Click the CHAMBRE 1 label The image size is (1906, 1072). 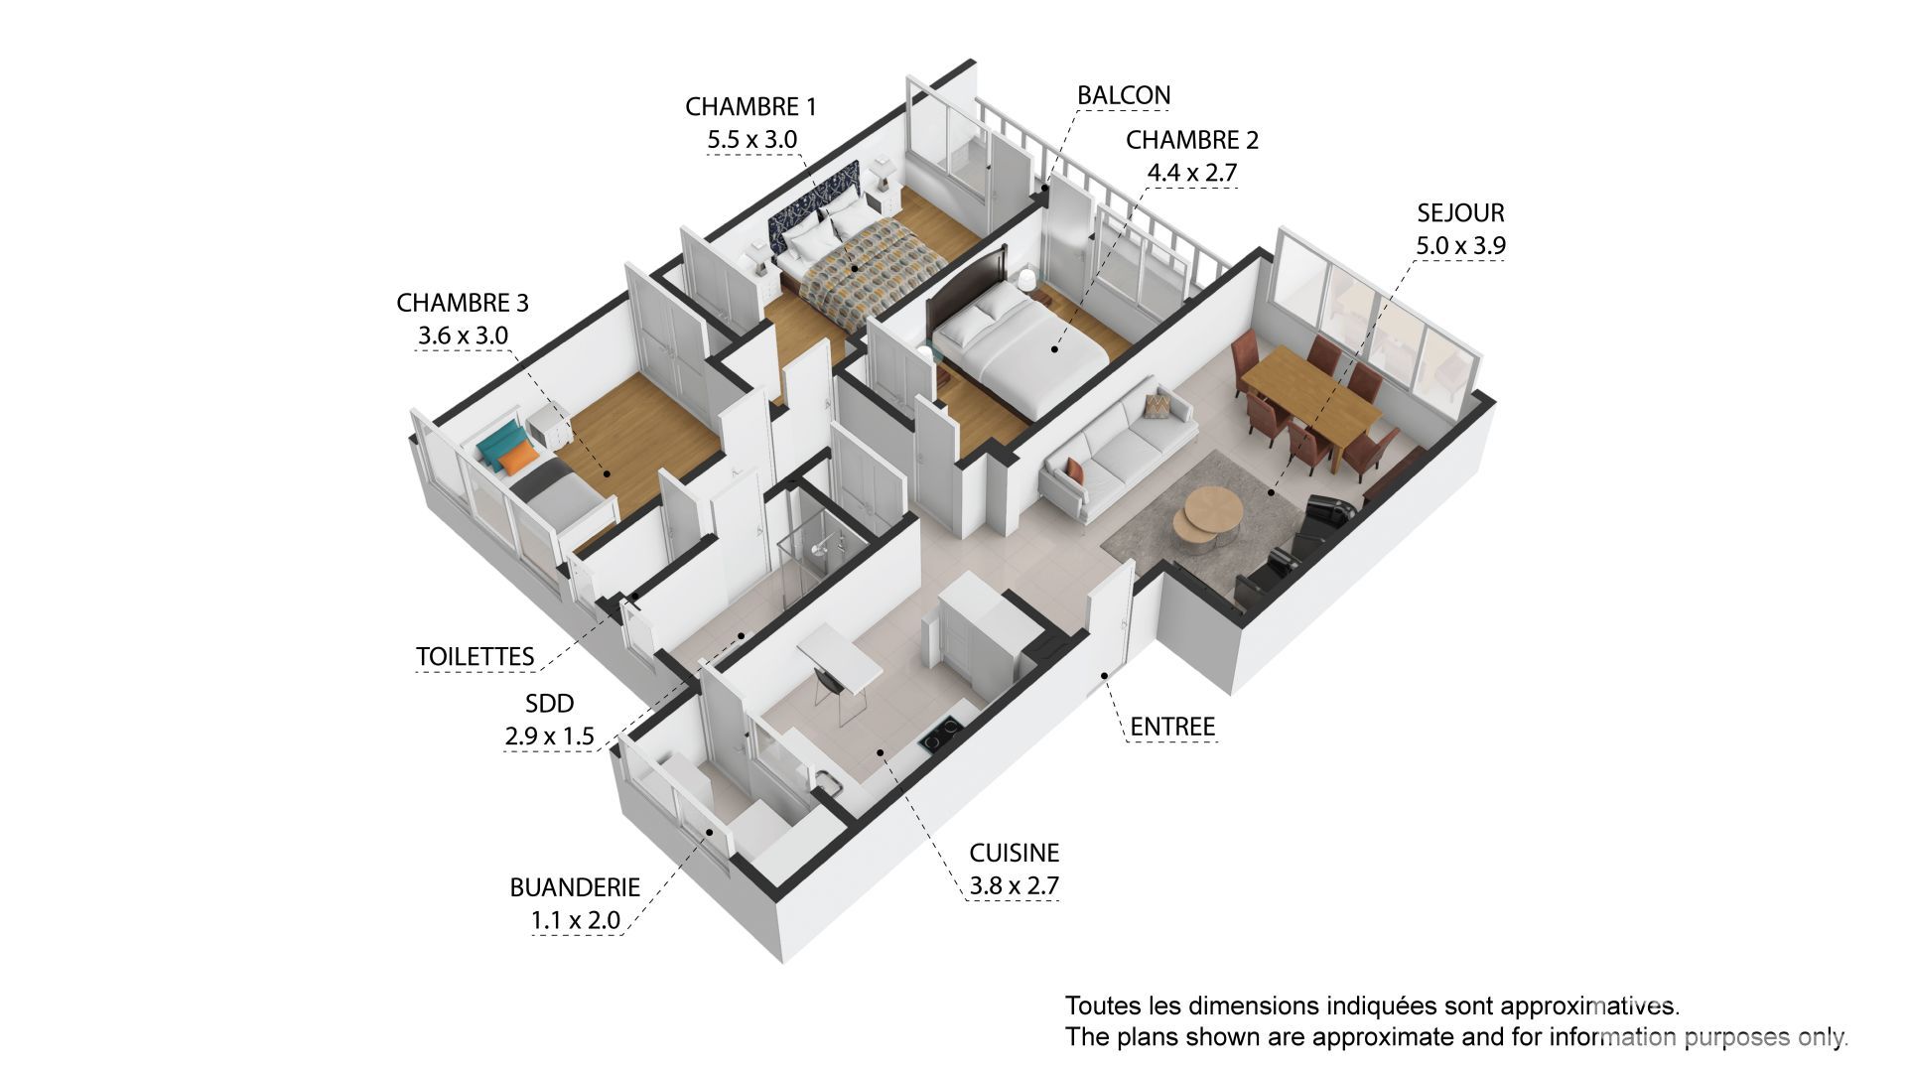[750, 106]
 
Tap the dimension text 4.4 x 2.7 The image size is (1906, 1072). [1192, 173]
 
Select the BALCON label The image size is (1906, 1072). [1124, 95]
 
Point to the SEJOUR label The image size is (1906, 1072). [1460, 212]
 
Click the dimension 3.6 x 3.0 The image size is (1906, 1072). [463, 335]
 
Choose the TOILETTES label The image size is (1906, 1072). [476, 656]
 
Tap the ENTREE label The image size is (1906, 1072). [1172, 727]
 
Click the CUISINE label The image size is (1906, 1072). [1015, 853]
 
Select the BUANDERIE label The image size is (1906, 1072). [575, 887]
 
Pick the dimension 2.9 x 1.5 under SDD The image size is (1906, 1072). [549, 736]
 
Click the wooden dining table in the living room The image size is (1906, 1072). [1310, 405]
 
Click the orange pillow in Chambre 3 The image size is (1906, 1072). [516, 460]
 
